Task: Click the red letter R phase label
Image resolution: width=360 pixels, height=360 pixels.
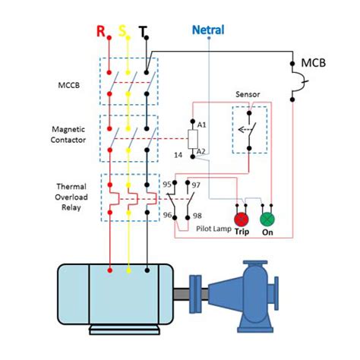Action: pos(101,31)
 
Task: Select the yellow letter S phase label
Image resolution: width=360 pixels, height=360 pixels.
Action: pos(122,31)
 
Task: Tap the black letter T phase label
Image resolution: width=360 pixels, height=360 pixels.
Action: pos(143,32)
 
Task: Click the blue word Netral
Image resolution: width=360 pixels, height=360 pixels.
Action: pos(208,30)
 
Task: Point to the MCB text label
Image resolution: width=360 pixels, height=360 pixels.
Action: pos(314,63)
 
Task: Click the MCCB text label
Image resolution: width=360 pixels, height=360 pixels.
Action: pos(69,85)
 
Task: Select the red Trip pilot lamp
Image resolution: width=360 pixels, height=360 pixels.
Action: pos(242,219)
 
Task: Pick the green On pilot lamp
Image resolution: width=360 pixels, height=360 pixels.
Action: pos(267,219)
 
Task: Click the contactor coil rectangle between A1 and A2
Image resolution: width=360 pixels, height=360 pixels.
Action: pos(193,139)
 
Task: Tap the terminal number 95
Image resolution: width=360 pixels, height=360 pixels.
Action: pos(167,185)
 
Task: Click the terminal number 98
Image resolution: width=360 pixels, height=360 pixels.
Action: pos(197,216)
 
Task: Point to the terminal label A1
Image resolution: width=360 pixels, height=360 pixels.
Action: pos(202,125)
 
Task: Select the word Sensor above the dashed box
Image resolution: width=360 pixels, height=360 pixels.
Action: pos(248,94)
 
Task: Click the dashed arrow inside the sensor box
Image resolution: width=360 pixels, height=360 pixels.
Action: pos(245,130)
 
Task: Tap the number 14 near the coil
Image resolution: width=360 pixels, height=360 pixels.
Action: pos(178,155)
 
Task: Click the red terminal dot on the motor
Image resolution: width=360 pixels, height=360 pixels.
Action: pos(110,270)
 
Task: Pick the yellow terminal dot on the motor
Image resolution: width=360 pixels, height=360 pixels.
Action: pos(128,270)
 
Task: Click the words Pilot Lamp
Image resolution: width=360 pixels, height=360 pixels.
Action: pos(213,229)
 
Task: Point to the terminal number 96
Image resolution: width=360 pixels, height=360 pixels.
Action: pos(167,215)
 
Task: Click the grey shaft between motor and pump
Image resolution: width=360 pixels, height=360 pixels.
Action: pos(182,294)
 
